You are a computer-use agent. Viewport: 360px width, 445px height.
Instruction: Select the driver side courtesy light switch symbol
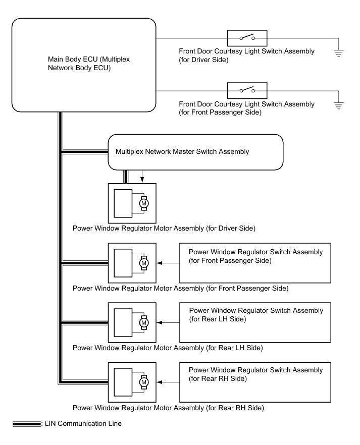247,38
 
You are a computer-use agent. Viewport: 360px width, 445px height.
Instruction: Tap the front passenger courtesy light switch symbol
247,90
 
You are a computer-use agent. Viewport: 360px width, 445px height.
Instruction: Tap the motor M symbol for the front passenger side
144,263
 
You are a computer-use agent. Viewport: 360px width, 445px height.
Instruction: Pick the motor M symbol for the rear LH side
144,322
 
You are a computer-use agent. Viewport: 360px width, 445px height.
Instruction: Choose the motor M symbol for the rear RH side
144,382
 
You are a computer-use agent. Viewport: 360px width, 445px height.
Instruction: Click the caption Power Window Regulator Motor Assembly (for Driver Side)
164,229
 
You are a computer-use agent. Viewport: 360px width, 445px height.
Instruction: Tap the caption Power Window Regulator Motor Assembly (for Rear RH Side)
168,407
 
